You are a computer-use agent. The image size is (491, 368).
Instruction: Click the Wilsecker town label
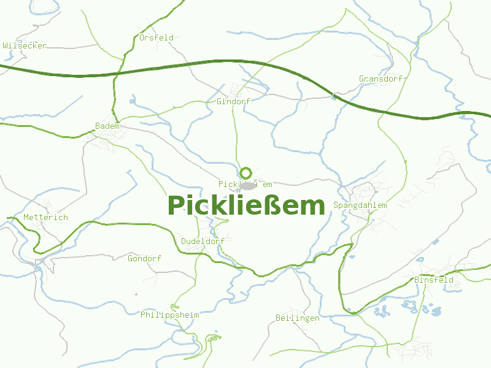pos(25,46)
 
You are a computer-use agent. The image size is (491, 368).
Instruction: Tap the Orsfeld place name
pos(156,37)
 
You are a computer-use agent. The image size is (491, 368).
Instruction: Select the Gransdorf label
pos(381,79)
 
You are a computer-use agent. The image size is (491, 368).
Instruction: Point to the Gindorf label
pos(234,101)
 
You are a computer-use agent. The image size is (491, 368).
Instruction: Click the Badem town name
pos(107,126)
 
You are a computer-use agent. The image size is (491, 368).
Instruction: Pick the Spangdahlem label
pos(360,205)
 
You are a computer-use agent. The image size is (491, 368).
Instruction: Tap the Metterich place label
pos(45,218)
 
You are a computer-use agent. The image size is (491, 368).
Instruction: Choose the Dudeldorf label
pos(203,242)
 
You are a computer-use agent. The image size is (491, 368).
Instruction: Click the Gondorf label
pos(144,259)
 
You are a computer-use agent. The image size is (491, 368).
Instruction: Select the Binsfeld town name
pos(434,280)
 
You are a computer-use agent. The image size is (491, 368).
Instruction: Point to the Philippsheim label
pos(169,315)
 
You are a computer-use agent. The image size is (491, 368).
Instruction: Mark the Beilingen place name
pos(298,318)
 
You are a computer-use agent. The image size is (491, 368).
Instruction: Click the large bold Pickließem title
pos(246,206)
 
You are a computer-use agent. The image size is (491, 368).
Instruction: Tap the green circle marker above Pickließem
pos(246,173)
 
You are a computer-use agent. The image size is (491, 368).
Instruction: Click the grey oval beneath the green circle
pos(247,185)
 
